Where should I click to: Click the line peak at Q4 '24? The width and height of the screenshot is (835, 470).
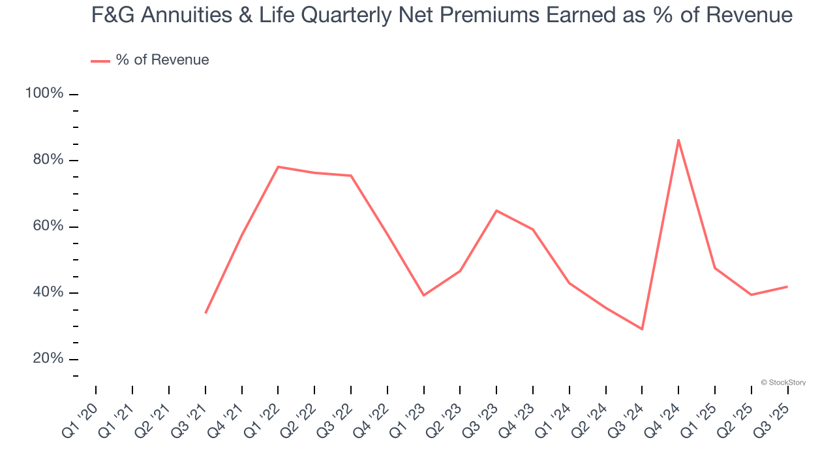(x=678, y=140)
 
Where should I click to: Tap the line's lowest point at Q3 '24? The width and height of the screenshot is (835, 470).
(x=642, y=329)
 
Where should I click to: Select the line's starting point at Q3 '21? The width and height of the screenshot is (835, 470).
(x=205, y=313)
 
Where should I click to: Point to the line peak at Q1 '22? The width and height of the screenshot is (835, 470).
(x=279, y=166)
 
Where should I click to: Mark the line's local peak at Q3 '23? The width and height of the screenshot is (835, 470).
(x=496, y=210)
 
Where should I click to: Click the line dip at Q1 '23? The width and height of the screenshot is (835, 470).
(x=424, y=295)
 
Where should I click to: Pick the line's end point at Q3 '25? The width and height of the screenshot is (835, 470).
(x=787, y=287)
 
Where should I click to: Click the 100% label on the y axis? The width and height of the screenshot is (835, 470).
(x=44, y=93)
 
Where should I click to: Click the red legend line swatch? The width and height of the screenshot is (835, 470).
(x=100, y=61)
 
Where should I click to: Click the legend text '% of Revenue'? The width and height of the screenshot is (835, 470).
(x=162, y=60)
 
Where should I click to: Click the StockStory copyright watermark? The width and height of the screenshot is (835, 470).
(x=783, y=383)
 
